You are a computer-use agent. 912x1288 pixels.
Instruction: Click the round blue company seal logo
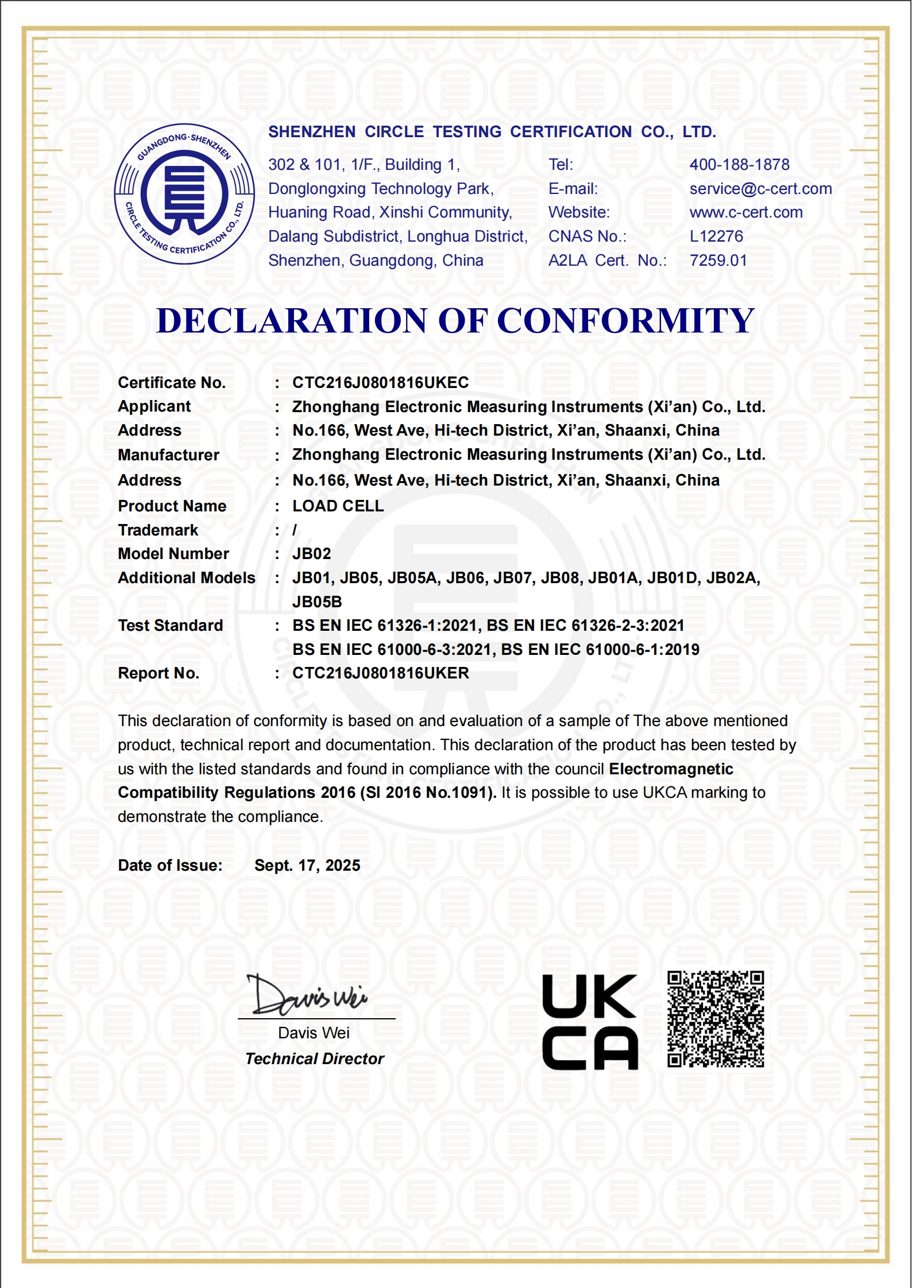point(184,194)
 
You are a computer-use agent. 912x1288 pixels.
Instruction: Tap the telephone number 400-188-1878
point(739,165)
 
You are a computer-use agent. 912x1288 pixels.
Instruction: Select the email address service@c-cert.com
point(760,189)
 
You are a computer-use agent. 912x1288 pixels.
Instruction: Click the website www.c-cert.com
point(746,212)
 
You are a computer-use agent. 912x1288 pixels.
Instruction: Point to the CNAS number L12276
point(716,236)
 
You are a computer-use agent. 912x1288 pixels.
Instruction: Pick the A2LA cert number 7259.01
point(718,261)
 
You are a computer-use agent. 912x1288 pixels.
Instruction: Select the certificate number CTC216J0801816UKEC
point(380,383)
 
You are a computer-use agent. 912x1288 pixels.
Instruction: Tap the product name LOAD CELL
point(338,506)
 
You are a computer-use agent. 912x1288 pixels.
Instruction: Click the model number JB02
point(311,554)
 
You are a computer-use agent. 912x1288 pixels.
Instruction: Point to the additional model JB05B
point(317,602)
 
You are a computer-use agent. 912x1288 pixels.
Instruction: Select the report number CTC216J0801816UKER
point(380,673)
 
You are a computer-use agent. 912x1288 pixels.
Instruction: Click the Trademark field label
point(158,530)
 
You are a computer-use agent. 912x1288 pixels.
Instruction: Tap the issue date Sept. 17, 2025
point(307,866)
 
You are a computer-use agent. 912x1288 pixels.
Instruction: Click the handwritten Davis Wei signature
point(308,996)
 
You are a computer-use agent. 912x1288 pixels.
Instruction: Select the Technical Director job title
point(314,1059)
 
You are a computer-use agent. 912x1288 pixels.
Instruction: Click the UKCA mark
point(590,1022)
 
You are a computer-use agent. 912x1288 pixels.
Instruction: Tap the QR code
point(716,1019)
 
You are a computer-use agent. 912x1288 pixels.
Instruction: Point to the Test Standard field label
point(170,626)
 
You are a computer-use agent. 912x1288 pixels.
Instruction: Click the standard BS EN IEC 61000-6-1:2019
point(600,650)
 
